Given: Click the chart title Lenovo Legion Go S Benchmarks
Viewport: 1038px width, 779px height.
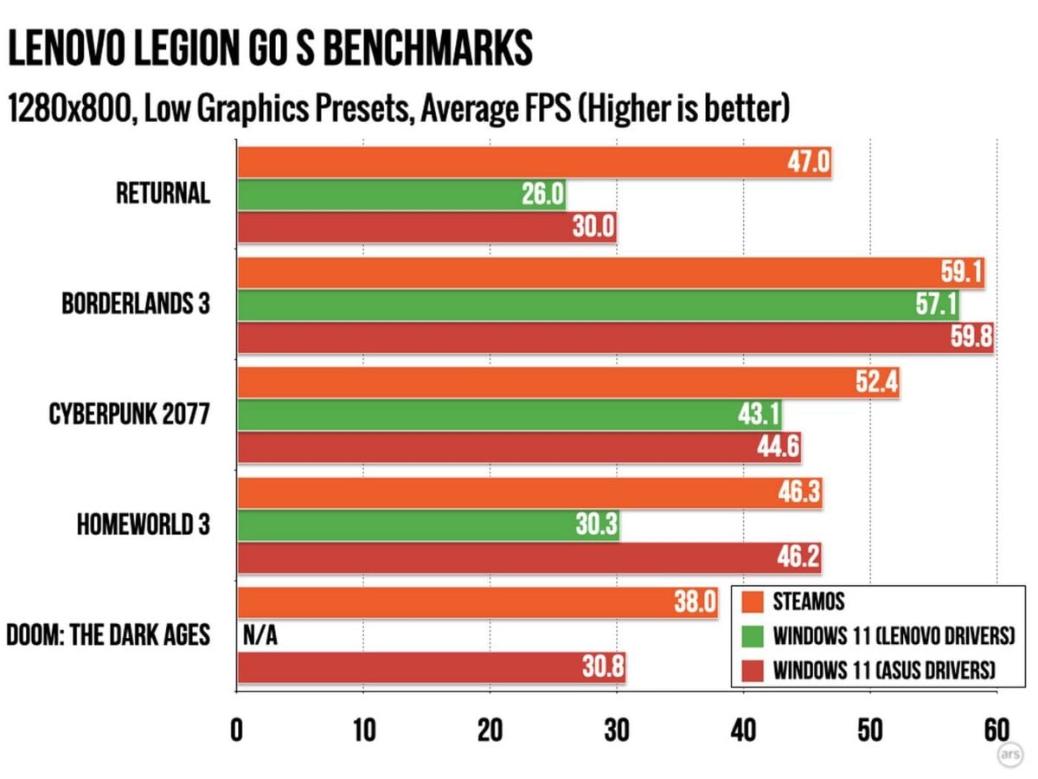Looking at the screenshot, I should pos(269,49).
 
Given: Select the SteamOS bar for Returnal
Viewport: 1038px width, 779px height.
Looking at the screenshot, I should pos(534,162).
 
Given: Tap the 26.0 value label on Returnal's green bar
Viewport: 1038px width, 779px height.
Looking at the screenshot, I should pos(543,195).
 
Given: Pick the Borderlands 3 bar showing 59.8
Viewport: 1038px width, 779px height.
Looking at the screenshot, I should pos(615,338).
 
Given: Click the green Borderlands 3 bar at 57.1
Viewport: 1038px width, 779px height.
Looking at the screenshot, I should pos(598,305).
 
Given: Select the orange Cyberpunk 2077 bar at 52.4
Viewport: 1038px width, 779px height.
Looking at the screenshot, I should pos(567,383).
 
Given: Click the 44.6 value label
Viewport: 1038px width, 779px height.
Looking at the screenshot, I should pos(778,448).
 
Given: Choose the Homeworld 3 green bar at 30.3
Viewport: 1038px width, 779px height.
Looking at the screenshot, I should pos(428,525).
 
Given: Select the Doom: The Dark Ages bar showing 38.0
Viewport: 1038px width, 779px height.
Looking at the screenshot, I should pos(477,602).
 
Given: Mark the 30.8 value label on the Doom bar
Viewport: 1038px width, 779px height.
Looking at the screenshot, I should pos(602,668).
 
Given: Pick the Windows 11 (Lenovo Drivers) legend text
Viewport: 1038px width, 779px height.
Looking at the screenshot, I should pos(894,636).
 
